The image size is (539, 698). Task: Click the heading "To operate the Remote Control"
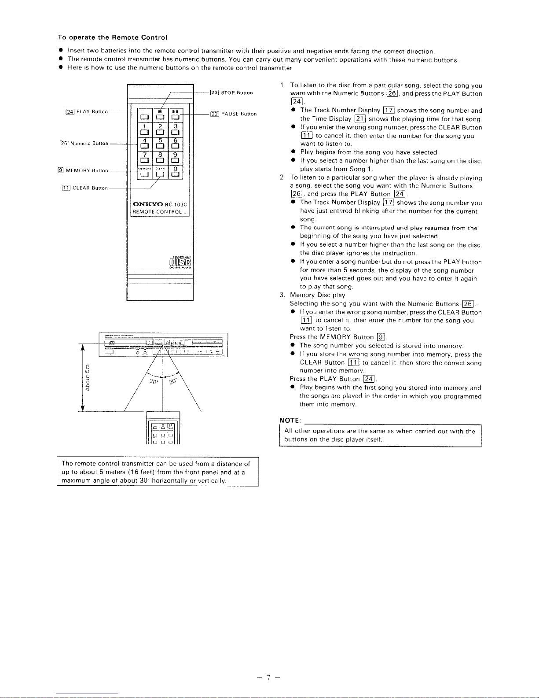[112, 37]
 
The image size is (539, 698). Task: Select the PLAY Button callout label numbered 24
[86, 112]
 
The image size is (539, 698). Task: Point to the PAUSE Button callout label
[233, 114]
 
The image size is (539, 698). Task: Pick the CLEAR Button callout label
[84, 188]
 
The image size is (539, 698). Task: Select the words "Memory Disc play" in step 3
[317, 295]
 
